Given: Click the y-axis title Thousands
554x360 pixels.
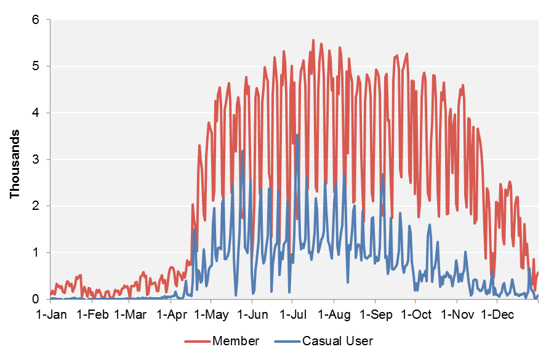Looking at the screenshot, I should [x=15, y=164].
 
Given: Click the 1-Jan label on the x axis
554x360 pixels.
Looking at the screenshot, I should [x=50, y=315].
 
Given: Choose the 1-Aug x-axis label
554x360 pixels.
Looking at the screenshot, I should [x=334, y=315].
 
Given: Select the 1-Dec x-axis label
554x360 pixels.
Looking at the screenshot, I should [x=497, y=315].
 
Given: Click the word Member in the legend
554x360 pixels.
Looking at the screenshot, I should [x=236, y=341].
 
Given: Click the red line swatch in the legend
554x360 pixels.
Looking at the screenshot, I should [x=197, y=341].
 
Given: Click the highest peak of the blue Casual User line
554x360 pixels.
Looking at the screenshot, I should [x=297, y=135].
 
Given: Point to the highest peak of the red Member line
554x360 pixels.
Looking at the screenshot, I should [x=313, y=40].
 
